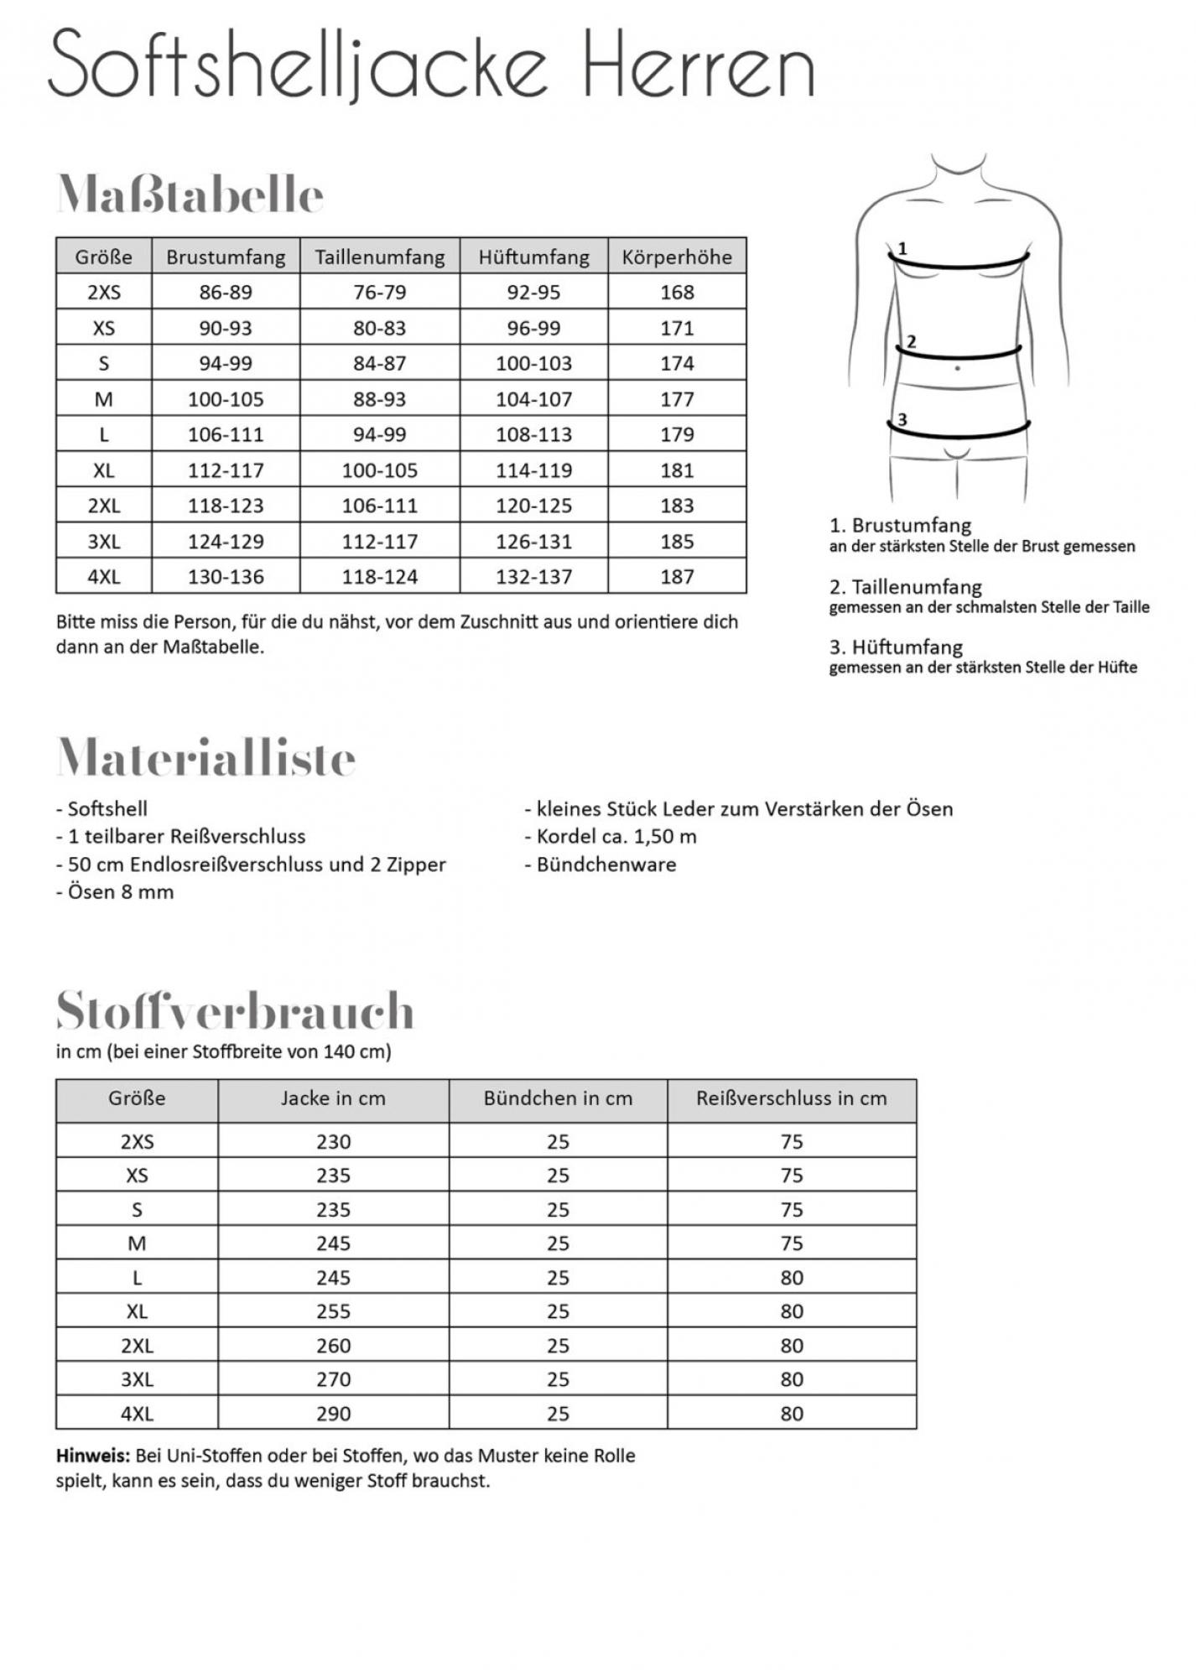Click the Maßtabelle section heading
tap(190, 195)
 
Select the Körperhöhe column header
tap(677, 257)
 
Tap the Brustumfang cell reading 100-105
tap(226, 399)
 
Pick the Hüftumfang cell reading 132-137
tap(533, 577)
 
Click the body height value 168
tap(677, 293)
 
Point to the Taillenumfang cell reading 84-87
tap(379, 364)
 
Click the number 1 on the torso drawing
tap(902, 248)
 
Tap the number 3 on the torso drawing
tap(902, 420)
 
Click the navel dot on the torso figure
tap(957, 368)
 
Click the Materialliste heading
tap(206, 758)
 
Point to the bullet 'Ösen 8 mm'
tap(120, 892)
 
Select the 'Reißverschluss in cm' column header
tap(791, 1098)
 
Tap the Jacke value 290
tap(333, 1414)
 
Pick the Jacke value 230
tap(333, 1142)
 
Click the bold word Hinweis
tap(92, 1456)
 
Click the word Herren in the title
tap(698, 65)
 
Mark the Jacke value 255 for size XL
tap(333, 1311)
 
